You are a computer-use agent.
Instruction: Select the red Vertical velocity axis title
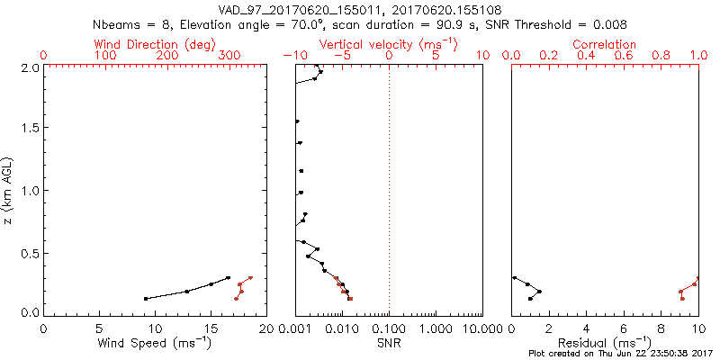[388, 43]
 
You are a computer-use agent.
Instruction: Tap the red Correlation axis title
[605, 43]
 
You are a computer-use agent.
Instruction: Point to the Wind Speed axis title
[155, 342]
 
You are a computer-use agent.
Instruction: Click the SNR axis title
[388, 342]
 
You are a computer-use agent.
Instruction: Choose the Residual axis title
[605, 342]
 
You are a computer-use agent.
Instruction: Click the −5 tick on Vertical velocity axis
[342, 56]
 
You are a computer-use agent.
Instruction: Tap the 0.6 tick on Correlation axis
[624, 56]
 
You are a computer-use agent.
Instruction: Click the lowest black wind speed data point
[146, 298]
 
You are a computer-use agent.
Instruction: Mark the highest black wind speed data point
[229, 277]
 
